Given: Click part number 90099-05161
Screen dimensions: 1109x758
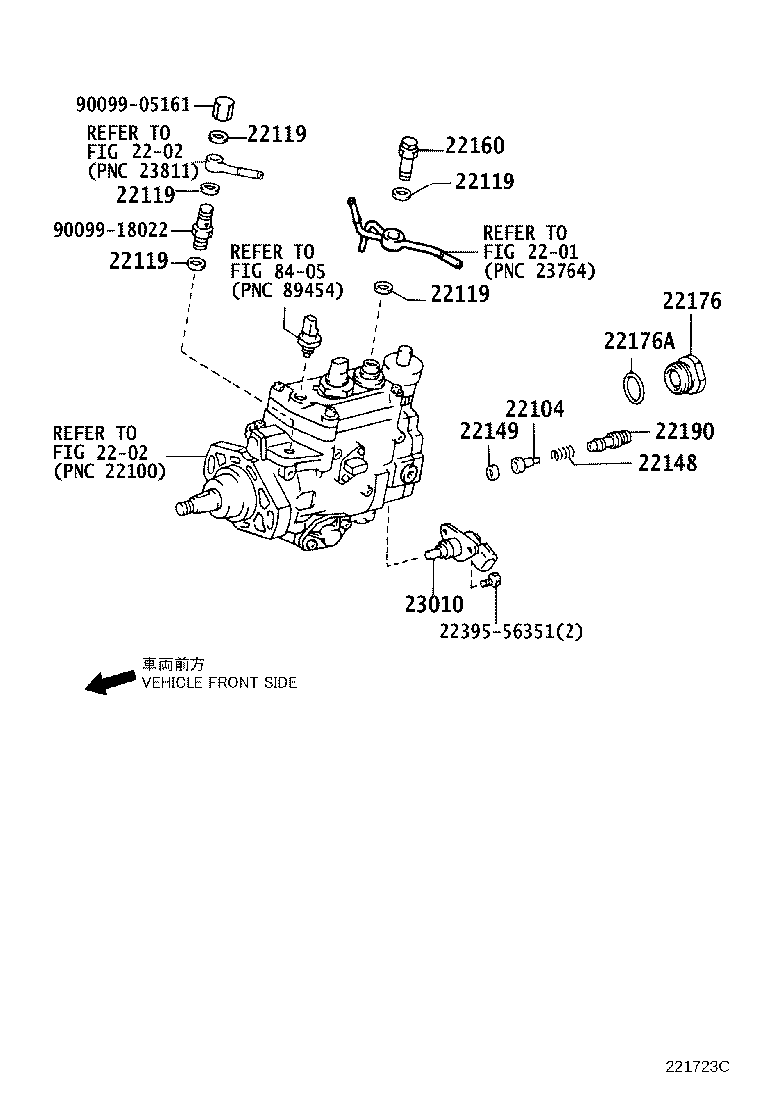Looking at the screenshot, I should tap(132, 104).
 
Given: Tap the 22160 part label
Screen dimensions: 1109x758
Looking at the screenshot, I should tap(474, 146).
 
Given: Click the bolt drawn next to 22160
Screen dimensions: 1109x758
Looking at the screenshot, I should tap(409, 153).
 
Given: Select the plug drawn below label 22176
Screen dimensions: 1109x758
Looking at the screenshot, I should tap(686, 379).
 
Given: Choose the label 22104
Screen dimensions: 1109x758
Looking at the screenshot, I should tap(534, 408).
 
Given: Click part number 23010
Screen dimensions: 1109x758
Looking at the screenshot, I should tap(434, 604).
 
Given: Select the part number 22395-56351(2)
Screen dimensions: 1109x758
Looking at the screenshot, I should tap(511, 631).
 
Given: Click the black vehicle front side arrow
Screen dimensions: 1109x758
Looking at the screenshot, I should tap(109, 682).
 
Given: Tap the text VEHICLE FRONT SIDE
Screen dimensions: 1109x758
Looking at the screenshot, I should tap(218, 683).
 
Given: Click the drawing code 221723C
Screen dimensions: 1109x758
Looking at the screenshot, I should tap(698, 1066).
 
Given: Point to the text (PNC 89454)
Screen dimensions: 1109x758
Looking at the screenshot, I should tap(286, 291).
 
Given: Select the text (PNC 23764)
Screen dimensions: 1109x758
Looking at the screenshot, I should tap(539, 271).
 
